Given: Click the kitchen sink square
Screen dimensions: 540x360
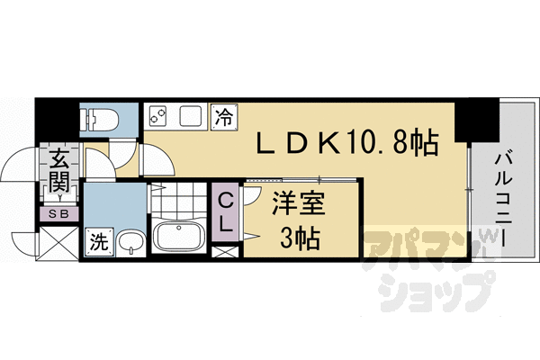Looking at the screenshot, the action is point(193,117).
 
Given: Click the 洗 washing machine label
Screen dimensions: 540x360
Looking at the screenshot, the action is point(97,242).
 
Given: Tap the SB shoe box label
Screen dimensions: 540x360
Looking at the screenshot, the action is point(60,213).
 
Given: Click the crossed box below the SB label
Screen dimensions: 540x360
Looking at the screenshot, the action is point(59,240).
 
